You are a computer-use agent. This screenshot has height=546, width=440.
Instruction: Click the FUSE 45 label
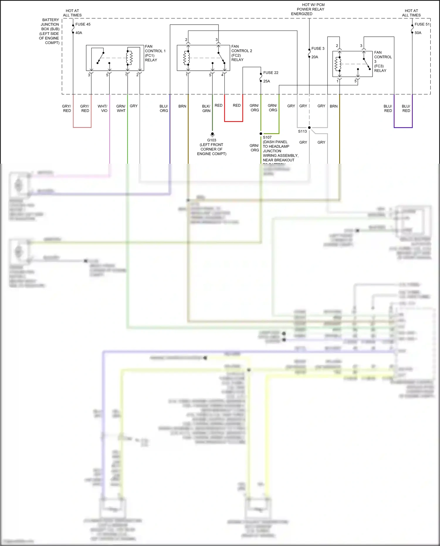coord(83,24)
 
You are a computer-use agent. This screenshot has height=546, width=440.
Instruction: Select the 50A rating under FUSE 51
coord(418,33)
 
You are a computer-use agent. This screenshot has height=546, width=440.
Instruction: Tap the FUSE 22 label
coord(270,73)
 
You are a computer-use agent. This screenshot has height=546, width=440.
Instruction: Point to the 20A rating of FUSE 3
coord(314,57)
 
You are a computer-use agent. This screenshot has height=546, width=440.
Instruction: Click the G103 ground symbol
coord(212,134)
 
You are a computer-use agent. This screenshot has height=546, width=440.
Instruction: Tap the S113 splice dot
coord(309,128)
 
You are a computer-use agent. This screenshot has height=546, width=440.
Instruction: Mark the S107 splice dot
coord(261,134)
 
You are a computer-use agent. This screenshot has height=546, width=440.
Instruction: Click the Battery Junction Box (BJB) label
coord(50,31)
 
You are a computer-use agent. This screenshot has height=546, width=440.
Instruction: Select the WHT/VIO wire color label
coord(102,108)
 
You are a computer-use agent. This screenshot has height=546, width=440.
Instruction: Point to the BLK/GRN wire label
coord(206,109)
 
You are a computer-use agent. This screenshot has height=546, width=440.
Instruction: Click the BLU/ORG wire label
coord(164,108)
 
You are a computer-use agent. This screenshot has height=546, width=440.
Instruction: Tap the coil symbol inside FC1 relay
coord(129,58)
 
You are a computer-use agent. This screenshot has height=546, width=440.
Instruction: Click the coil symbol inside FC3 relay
coord(338,64)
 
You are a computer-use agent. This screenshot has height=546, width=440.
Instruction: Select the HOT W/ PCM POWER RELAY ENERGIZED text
coord(308,9)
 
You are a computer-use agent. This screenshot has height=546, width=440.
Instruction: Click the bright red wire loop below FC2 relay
coord(233,121)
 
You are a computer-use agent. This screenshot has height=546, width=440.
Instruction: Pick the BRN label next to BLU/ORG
coord(182,106)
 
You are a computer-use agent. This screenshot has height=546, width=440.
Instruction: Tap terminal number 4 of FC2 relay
coord(222,75)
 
